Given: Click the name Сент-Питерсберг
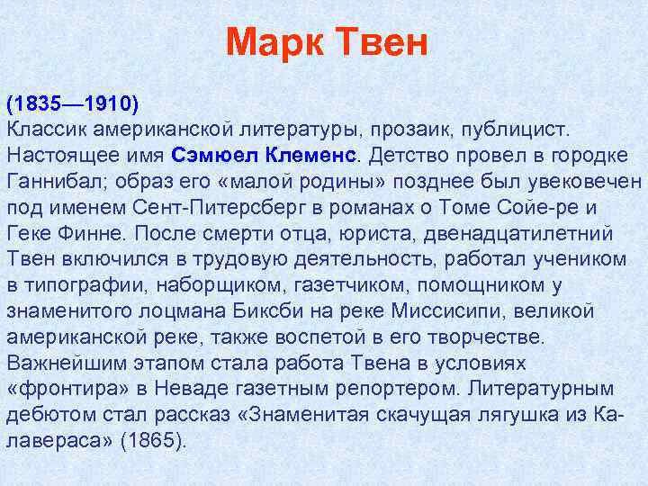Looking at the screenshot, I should click(x=216, y=206).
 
